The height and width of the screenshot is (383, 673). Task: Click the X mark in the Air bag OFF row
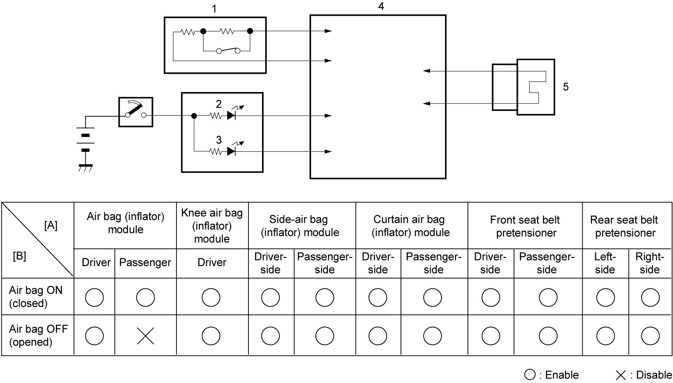(145, 336)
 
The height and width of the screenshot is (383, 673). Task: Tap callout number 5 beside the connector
(566, 87)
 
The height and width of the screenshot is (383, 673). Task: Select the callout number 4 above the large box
(381, 6)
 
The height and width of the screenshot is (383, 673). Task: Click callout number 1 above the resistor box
(214, 9)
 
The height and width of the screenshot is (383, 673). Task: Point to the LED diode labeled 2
(231, 116)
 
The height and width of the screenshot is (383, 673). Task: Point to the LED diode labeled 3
(231, 151)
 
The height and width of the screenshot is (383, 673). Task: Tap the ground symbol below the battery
(86, 168)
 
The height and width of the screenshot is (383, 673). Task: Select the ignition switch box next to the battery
(136, 112)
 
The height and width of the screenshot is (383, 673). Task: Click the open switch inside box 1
(228, 51)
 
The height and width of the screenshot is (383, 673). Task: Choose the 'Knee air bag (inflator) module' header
(212, 226)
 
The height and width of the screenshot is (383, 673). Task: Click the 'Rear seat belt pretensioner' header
(625, 226)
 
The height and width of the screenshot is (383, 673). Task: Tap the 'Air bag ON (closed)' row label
(36, 297)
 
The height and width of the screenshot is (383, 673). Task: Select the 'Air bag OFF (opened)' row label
(38, 335)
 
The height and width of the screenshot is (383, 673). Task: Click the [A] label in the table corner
(51, 225)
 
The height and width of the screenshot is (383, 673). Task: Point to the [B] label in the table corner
(20, 256)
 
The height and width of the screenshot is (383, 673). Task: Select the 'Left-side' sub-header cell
(605, 263)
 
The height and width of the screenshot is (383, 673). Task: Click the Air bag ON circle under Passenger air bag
(145, 298)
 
